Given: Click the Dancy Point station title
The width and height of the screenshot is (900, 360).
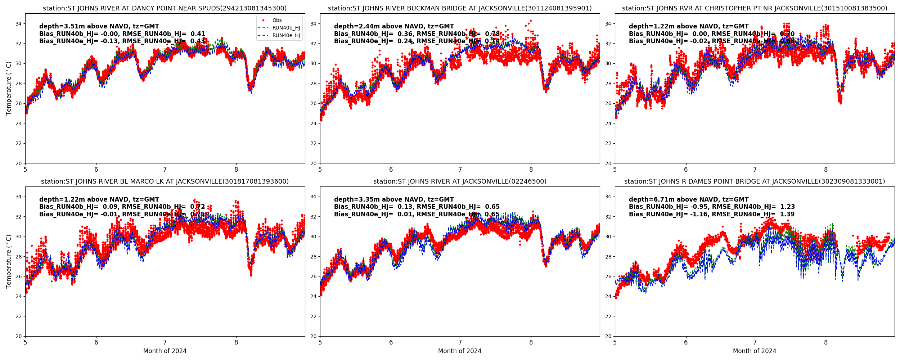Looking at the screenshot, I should pos(165,8).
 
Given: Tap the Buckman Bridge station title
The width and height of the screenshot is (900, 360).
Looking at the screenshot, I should pos(460,8).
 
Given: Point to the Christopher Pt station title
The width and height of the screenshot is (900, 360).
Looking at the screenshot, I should pos(755,8).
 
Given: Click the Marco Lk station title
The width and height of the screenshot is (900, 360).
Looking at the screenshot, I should pos(165,181).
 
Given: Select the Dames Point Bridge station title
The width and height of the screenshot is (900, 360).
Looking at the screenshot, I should pos(755,181).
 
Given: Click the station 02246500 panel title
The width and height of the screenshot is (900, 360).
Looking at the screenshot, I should pos(460,181).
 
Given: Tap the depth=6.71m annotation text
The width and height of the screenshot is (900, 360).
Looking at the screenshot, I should pos(689,199).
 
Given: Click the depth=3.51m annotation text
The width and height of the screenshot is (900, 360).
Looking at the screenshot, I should pos(99,26).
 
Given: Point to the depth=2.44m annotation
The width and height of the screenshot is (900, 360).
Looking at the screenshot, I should pos(394,26).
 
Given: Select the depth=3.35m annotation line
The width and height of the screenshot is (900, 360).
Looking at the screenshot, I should pos(394,199).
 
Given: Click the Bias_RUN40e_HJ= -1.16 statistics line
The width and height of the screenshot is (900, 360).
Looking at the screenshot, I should pos(712,214).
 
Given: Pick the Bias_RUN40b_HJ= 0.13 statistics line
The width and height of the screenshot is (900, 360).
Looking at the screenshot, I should pos(417,207).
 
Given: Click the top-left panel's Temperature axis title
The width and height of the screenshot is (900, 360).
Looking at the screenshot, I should pos(9,88).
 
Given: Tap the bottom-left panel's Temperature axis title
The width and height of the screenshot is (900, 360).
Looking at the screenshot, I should pos(9,261).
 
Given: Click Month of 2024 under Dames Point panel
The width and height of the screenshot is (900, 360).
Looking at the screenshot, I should pos(755,351).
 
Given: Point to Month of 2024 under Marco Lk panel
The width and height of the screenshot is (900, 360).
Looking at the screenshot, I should pos(165,351).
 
